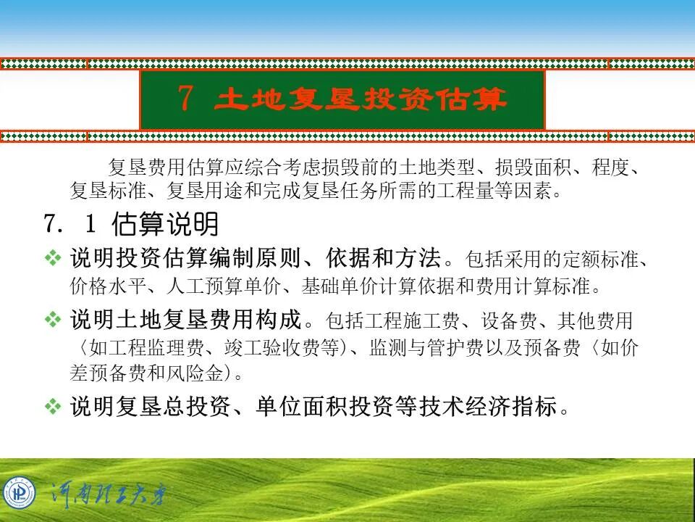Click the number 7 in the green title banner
185,99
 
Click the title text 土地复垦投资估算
360,99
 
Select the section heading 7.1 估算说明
131,225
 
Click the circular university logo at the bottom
19,494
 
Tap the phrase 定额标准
607,259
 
